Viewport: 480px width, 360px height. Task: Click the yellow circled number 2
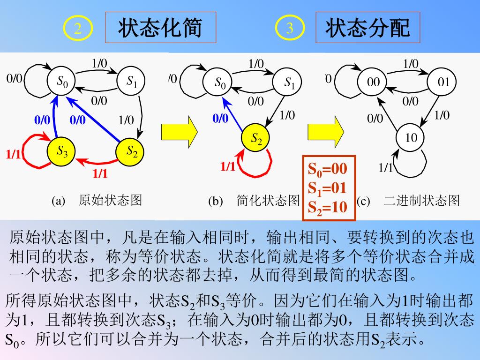pyautogui.click(x=78, y=29)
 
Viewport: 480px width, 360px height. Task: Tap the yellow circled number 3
pyautogui.click(x=290, y=29)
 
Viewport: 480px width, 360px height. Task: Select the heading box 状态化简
pyautogui.click(x=160, y=28)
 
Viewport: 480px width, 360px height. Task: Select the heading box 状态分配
pyautogui.click(x=367, y=28)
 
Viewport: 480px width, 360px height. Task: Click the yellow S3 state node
pyautogui.click(x=62, y=151)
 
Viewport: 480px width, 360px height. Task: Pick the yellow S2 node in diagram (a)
pyautogui.click(x=130, y=151)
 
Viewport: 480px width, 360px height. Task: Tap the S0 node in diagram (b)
pyautogui.click(x=220, y=83)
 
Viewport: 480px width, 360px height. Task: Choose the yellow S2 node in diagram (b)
pyautogui.click(x=256, y=138)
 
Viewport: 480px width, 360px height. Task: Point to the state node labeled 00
pyautogui.click(x=373, y=83)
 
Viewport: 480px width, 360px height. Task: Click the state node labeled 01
pyautogui.click(x=443, y=82)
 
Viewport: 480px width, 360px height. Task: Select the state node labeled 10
pyautogui.click(x=411, y=138)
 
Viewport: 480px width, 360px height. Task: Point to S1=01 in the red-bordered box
pyautogui.click(x=327, y=187)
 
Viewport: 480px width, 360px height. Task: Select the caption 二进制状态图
pyautogui.click(x=421, y=201)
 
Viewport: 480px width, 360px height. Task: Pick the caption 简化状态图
pyautogui.click(x=268, y=201)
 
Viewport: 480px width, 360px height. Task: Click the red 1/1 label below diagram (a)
pyautogui.click(x=100, y=173)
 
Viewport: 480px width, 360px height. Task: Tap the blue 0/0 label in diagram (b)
pyautogui.click(x=220, y=118)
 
